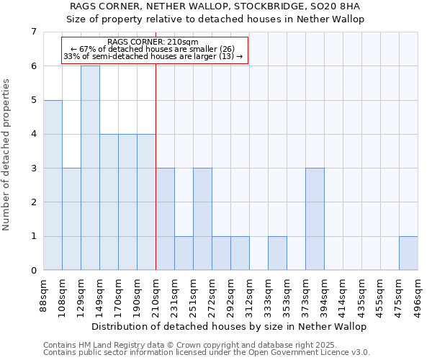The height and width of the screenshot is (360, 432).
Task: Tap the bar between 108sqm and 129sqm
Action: point(71,219)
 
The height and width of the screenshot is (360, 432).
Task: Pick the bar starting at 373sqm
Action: point(315,219)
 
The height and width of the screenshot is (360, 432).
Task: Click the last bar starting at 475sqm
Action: point(408,253)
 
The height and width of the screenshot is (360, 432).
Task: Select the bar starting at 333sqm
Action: point(277,253)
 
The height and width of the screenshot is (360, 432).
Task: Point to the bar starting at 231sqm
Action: point(184,253)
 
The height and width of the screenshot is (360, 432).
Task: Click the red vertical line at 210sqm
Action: point(156,180)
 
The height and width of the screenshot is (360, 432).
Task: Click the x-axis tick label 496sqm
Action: point(418,294)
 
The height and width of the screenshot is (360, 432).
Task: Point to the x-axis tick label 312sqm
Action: point(250,294)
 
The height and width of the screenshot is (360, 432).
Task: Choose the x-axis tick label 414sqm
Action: point(343,294)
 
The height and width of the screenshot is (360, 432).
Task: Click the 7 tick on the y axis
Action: point(33,32)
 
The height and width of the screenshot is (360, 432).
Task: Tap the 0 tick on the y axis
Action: point(33,271)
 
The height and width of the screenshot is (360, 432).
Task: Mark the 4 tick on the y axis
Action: point(33,134)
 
